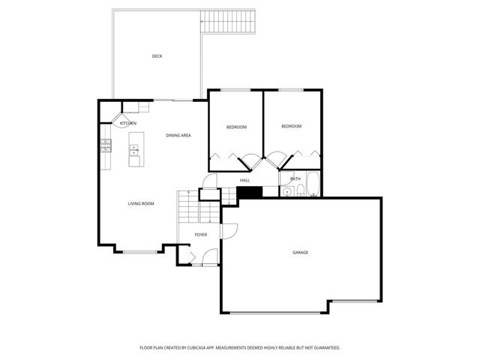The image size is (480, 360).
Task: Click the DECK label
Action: pyautogui.click(x=157, y=56)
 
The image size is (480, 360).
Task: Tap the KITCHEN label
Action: pyautogui.click(x=127, y=123)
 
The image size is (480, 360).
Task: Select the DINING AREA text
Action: pyautogui.click(x=178, y=135)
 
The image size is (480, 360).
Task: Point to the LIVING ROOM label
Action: pyautogui.click(x=140, y=203)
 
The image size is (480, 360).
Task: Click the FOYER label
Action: pyautogui.click(x=201, y=235)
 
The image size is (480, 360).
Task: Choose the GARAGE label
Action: pyautogui.click(x=300, y=252)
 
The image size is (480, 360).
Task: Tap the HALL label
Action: pyautogui.click(x=244, y=181)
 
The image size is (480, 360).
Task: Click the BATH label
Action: pyautogui.click(x=295, y=178)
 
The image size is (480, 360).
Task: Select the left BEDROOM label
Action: pyautogui.click(x=236, y=127)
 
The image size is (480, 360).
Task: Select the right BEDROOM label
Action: pyautogui.click(x=291, y=126)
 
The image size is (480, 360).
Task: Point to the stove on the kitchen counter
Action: pyautogui.click(x=106, y=145)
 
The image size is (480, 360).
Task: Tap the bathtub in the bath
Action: pyautogui.click(x=310, y=185)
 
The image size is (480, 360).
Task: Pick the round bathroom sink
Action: pyautogui.click(x=286, y=193)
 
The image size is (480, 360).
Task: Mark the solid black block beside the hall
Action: pyautogui.click(x=247, y=193)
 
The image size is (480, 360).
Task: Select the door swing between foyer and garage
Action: pyautogui.click(x=229, y=230)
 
